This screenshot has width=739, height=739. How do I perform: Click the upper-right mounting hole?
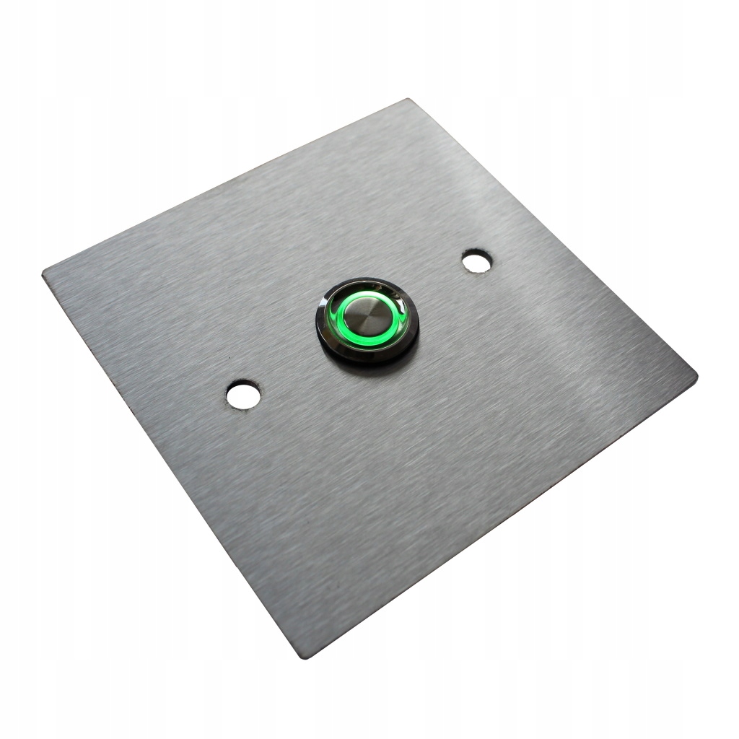point(476,261)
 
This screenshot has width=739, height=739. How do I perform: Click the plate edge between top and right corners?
point(552,238)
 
